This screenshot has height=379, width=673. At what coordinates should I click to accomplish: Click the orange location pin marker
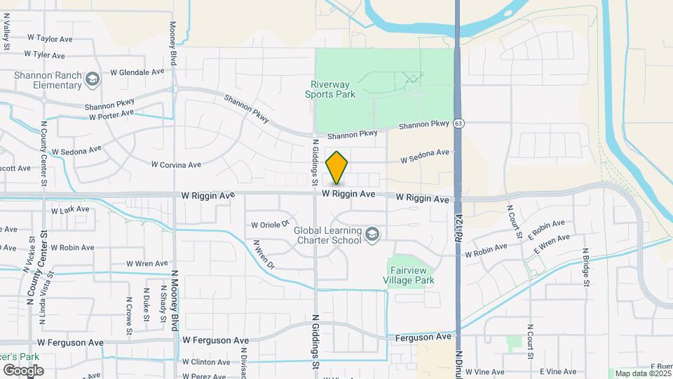click(337, 168)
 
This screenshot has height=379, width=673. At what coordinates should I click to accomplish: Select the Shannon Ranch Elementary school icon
click(92, 80)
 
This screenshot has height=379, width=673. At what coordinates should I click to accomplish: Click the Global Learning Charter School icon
click(372, 235)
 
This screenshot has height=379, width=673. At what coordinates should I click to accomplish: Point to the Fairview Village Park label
click(411, 275)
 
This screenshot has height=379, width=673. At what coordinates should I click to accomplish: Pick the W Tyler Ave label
click(44, 55)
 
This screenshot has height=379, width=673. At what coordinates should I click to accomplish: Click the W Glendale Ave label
click(137, 72)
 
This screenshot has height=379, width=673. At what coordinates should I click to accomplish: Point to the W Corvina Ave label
click(176, 164)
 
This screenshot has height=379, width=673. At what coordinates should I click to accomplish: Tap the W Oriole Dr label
click(271, 225)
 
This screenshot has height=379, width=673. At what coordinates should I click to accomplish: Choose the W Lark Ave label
click(70, 209)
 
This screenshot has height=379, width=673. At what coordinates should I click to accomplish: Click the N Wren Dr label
click(264, 255)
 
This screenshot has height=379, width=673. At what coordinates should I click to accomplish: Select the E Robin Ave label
click(547, 228)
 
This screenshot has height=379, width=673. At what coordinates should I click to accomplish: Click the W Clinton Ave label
click(205, 362)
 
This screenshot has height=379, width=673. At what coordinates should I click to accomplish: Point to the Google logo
click(23, 370)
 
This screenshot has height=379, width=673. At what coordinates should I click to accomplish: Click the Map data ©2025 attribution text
click(641, 373)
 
